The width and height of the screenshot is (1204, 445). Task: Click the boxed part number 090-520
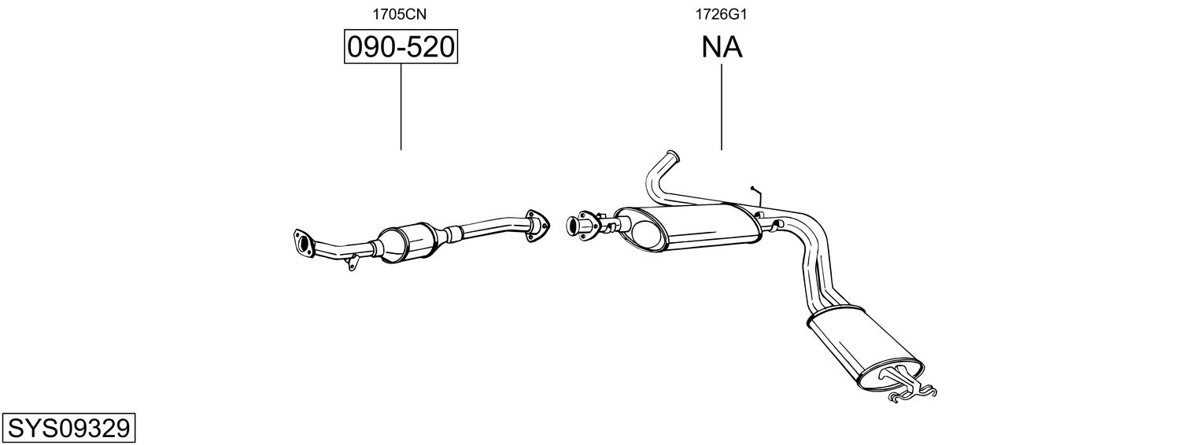[x=401, y=48]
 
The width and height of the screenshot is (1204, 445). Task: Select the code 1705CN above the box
[x=401, y=13]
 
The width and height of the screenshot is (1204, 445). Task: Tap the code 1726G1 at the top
[x=721, y=13]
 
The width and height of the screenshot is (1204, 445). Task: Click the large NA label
[x=722, y=48]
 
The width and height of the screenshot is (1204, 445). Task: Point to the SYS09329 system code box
[x=68, y=428]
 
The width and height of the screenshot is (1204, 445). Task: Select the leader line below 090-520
[x=401, y=106]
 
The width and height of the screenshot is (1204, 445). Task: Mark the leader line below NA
[x=722, y=106]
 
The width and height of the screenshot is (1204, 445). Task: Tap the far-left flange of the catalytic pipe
[x=301, y=241]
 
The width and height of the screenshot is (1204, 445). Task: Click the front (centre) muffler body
[x=692, y=228]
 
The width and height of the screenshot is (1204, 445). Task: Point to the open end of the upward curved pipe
[x=670, y=155]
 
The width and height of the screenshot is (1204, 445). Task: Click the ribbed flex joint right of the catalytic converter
[x=452, y=234]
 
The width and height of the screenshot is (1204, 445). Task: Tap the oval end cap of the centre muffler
[x=646, y=235]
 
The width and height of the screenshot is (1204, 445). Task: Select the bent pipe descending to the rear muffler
[x=814, y=267]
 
